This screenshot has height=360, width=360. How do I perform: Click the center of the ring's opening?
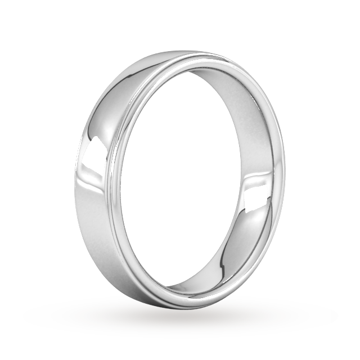tap(197, 180)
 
